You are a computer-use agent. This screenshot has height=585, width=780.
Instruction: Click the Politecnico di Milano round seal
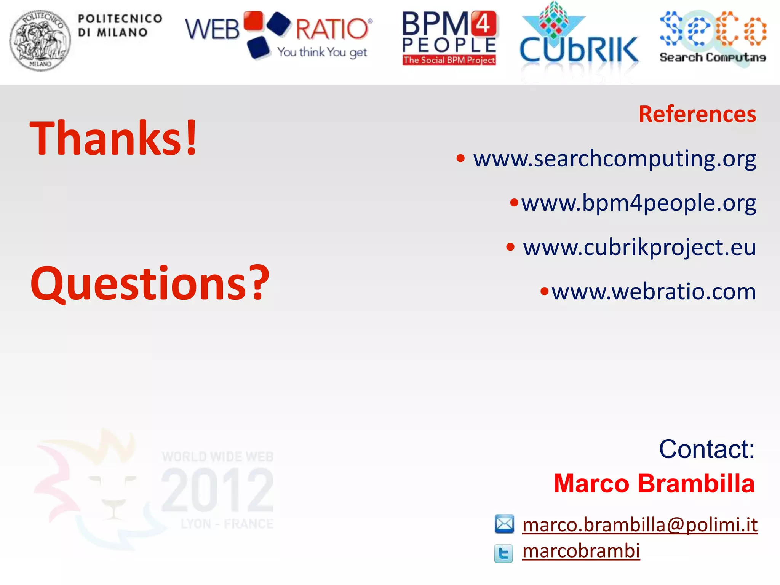pyautogui.click(x=40, y=40)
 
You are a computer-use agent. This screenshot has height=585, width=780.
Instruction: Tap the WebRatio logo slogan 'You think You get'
pyautogui.click(x=322, y=52)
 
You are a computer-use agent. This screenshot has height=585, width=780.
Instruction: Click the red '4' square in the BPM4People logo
pyautogui.click(x=484, y=24)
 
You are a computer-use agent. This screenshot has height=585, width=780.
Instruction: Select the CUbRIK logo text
pyautogui.click(x=579, y=50)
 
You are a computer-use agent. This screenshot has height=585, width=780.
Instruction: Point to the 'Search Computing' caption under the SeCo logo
pyautogui.click(x=713, y=58)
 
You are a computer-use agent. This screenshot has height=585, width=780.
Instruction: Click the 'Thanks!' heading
pyautogui.click(x=113, y=138)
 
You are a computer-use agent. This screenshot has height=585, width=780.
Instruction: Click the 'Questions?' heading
pyautogui.click(x=150, y=284)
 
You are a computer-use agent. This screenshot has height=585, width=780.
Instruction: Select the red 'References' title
pyautogui.click(x=697, y=114)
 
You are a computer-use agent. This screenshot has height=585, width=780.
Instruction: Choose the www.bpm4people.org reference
pyautogui.click(x=638, y=203)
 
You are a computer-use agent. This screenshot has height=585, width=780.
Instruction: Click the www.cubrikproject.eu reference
pyautogui.click(x=639, y=247)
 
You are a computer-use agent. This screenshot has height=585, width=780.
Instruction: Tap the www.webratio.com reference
pyautogui.click(x=654, y=292)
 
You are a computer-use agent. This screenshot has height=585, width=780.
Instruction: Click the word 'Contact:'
pyautogui.click(x=706, y=449)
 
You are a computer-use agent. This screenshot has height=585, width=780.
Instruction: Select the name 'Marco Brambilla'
pyautogui.click(x=654, y=484)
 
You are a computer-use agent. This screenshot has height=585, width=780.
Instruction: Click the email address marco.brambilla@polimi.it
pyautogui.click(x=639, y=525)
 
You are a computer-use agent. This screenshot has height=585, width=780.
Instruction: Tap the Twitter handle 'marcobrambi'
pyautogui.click(x=581, y=551)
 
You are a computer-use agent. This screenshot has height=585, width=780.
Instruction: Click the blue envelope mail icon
pyautogui.click(x=504, y=524)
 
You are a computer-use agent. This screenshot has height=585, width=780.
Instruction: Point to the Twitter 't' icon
pyautogui.click(x=503, y=553)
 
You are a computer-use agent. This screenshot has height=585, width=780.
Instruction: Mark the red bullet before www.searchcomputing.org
pyautogui.click(x=460, y=158)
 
